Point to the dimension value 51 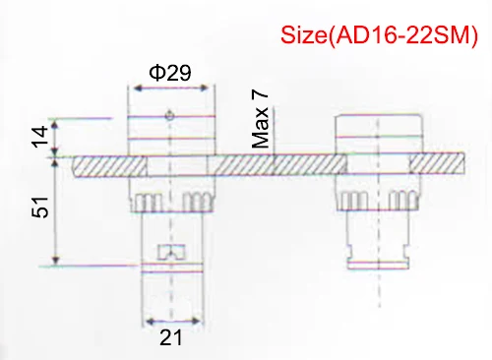[x=40, y=210]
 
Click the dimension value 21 [x=172, y=338]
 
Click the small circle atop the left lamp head [x=171, y=116]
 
